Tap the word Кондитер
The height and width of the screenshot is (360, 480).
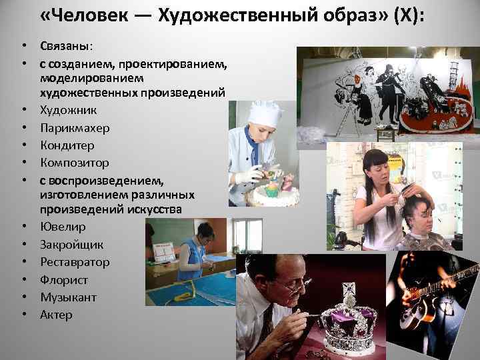(x=67, y=145)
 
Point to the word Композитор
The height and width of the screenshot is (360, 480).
(x=74, y=162)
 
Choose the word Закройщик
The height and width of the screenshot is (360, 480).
(x=70, y=245)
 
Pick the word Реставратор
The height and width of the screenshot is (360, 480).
(x=74, y=262)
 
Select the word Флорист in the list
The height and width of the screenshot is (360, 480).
(x=63, y=279)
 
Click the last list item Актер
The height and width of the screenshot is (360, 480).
(x=56, y=314)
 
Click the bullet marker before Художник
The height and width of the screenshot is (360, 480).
(x=23, y=110)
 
